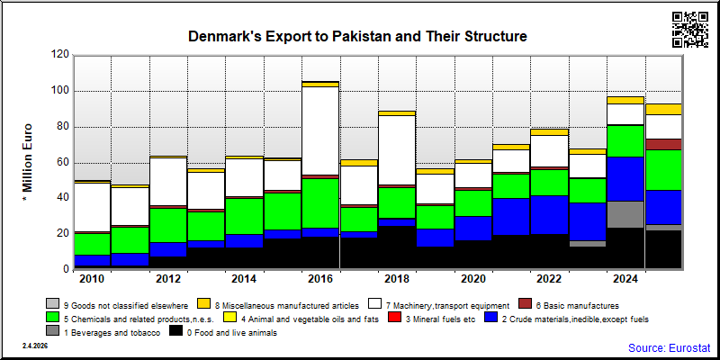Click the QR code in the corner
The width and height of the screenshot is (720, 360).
point(689,30)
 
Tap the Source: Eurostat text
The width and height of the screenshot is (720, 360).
point(670,347)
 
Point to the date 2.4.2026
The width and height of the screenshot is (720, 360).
point(35,346)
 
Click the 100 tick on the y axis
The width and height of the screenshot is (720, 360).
point(61,91)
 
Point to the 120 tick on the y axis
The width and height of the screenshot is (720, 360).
point(61,55)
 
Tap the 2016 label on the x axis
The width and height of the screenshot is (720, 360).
point(320,279)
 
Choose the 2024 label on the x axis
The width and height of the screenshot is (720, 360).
point(625,279)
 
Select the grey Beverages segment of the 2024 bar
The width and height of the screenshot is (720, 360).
point(625,214)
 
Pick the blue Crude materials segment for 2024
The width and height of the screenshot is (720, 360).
point(625,179)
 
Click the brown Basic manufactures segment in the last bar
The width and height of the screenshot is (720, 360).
point(663,144)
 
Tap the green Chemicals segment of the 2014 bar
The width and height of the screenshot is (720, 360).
point(244,216)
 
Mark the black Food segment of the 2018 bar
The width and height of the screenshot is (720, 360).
point(396,247)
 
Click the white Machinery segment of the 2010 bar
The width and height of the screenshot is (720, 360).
point(92,208)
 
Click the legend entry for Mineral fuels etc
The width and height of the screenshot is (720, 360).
point(435,319)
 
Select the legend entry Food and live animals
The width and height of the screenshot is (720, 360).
point(223,333)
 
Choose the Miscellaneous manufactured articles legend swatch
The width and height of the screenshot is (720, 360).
point(204,304)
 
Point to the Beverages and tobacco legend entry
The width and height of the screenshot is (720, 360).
point(103,333)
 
